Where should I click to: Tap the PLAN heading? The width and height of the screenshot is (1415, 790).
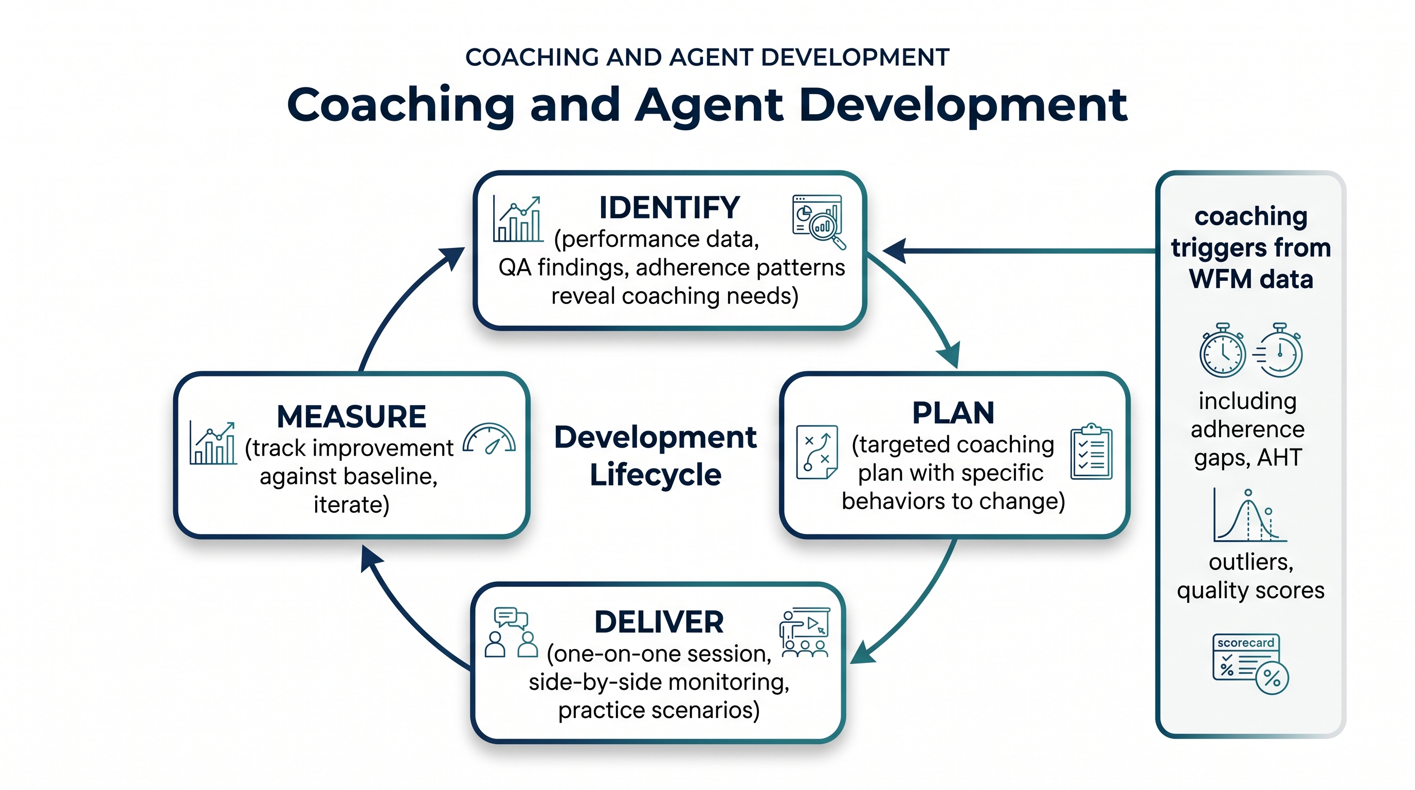953,412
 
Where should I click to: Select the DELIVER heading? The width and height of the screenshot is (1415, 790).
659,622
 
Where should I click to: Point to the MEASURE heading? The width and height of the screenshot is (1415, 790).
352,417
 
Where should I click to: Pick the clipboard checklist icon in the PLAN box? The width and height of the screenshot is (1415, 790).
1092,452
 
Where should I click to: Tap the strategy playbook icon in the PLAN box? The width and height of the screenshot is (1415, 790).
817,452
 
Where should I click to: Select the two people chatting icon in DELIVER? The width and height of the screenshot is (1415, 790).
512,632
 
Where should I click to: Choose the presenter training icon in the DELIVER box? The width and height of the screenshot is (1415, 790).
805,632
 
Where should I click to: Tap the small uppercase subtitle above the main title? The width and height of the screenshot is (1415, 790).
707,57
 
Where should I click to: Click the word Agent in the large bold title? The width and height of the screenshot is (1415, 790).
709,106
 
